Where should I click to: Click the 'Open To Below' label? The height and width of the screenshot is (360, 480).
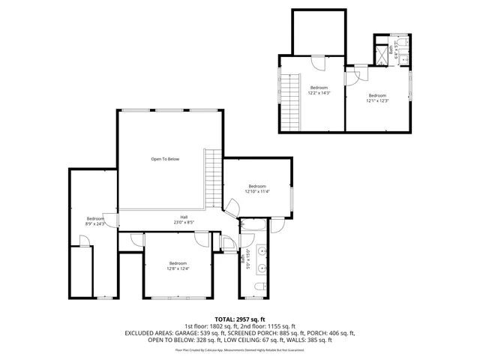pos(165,159)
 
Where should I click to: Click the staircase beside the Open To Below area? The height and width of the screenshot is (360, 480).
pos(214,178)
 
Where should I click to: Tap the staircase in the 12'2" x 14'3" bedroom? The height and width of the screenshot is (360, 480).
pos(289,102)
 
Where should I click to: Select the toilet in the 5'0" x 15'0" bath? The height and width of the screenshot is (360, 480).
pos(259,288)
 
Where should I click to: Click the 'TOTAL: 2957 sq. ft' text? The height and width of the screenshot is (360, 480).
pos(240,319)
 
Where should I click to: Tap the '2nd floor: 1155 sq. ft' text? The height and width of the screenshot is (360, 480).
pos(268,326)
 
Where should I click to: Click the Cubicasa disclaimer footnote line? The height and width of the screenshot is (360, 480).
pos(240,349)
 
